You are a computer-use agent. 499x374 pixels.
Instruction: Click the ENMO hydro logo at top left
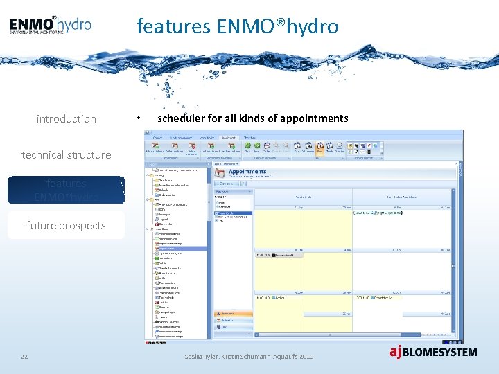pos(50,25)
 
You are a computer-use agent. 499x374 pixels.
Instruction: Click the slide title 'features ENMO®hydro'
pos(238,26)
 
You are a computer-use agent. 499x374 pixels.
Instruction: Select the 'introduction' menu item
pos(66,119)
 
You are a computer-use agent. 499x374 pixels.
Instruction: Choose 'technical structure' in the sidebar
pos(66,155)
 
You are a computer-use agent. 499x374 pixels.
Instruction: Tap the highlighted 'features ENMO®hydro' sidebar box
pos(66,190)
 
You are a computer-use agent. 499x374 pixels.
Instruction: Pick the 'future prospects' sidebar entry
pos(66,226)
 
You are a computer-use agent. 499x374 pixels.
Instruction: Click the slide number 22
pos(24,356)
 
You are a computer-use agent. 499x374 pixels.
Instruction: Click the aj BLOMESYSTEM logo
pos(432,352)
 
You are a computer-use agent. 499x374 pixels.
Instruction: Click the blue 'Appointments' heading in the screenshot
pos(247,171)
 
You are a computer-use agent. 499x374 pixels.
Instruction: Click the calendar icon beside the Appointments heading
pos(220,173)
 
